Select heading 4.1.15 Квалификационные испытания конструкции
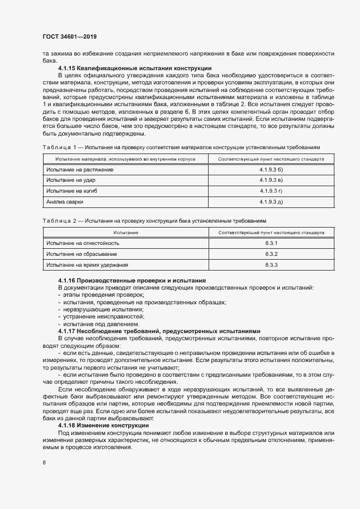135,68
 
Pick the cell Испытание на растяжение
80,170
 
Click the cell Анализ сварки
65,202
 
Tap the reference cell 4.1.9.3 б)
271,170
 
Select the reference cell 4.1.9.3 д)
271,202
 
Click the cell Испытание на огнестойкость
82,243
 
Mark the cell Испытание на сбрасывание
81,254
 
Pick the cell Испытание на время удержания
87,265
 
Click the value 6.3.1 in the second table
271,243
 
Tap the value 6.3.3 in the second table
271,265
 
